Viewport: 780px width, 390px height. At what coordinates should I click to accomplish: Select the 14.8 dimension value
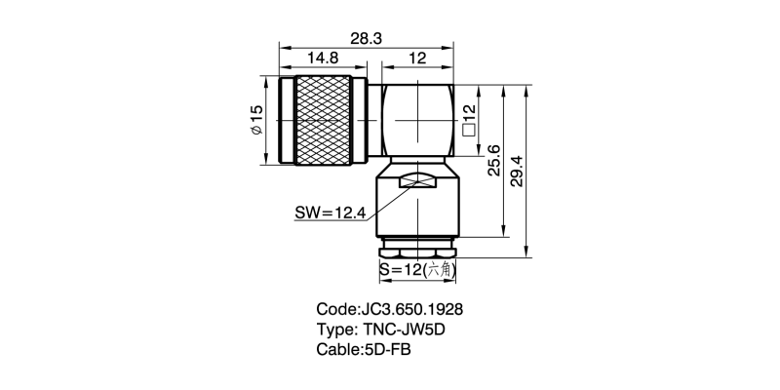click(323, 59)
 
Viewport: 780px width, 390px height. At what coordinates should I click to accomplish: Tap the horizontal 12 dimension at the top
click(417, 59)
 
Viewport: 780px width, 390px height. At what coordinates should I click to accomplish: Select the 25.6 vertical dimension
click(493, 162)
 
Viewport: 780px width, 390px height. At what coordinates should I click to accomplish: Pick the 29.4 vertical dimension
click(518, 172)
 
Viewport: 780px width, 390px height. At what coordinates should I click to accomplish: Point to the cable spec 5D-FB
click(387, 348)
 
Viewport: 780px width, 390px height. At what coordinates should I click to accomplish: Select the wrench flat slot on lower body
click(418, 180)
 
